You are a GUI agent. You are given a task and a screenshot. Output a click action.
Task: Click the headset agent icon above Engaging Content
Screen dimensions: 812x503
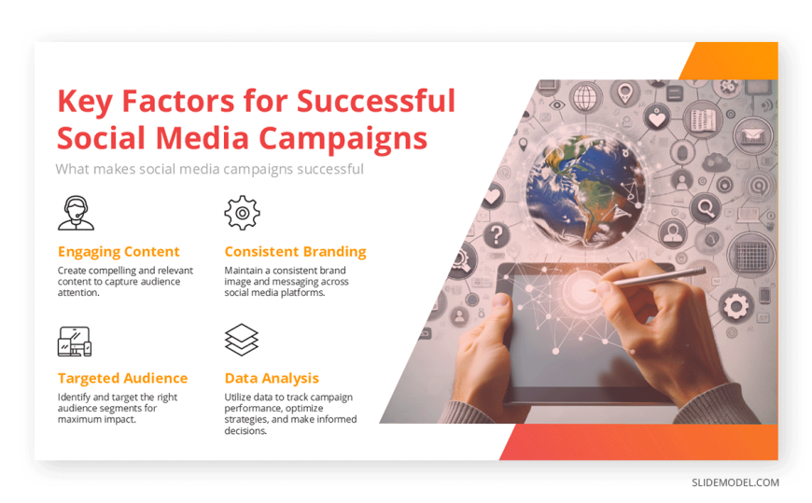[x=76, y=213]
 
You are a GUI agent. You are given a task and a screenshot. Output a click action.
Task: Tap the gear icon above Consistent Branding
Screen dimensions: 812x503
[x=242, y=213]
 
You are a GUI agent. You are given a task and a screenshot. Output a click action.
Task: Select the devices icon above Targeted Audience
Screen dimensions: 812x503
[x=75, y=342]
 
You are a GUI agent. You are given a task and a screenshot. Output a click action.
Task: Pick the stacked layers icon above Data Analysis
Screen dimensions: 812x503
[x=242, y=340]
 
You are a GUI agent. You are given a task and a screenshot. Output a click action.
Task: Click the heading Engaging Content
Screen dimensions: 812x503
[x=119, y=252]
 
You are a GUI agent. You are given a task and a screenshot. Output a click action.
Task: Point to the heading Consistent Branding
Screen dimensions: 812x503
[x=295, y=252]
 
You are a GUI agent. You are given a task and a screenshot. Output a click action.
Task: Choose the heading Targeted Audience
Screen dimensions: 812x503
[x=122, y=378]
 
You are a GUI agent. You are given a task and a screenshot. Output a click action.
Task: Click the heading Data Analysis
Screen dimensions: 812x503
[x=272, y=379]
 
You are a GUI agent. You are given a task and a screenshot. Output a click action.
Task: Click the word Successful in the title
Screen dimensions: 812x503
[x=376, y=101]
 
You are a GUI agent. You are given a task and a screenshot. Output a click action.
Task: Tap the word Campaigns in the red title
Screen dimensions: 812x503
[x=343, y=139]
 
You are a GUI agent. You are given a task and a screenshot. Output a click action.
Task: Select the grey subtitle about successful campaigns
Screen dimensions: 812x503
[x=210, y=170]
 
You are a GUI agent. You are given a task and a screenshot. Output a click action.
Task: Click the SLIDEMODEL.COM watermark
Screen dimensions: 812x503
[x=735, y=482]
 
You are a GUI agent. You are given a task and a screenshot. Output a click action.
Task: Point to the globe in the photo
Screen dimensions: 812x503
[x=584, y=190]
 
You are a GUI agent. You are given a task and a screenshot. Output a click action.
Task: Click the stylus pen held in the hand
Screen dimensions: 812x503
[x=653, y=279]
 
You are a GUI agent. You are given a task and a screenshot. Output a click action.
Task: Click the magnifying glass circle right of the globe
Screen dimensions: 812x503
[x=706, y=208]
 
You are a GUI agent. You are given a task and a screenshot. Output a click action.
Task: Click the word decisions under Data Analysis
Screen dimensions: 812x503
[x=245, y=431]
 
